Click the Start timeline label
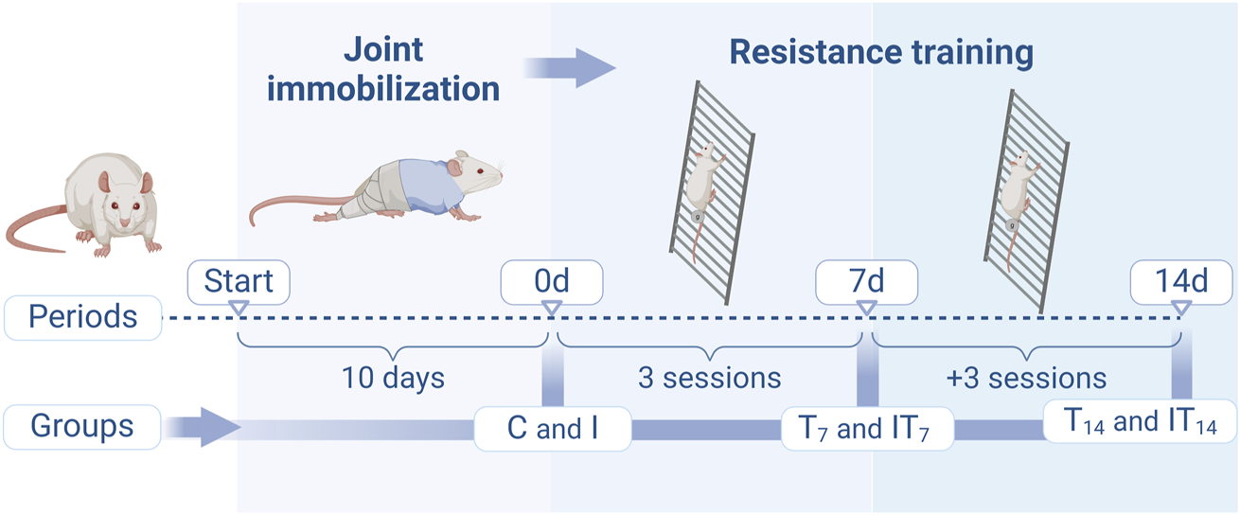[239, 280]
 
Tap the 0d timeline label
[553, 280]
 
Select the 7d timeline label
[867, 280]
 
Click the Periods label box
[82, 315]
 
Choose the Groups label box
[82, 426]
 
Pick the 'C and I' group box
[553, 428]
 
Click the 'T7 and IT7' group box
[867, 428]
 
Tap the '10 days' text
[393, 378]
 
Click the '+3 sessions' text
[1026, 378]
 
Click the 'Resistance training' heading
[880, 52]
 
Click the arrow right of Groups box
[204, 427]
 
